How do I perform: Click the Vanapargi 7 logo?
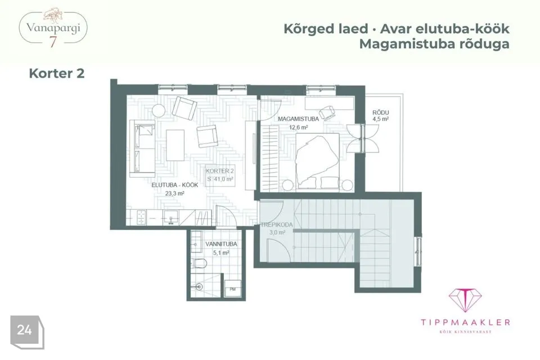(x=53, y=28)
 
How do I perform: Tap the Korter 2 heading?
(x=57, y=73)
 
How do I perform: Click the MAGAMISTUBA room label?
(x=298, y=119)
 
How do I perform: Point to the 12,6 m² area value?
(x=298, y=128)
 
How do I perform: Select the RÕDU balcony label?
(x=381, y=112)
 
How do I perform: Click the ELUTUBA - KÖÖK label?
(x=175, y=185)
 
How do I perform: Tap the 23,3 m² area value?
(x=174, y=193)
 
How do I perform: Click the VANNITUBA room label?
(x=221, y=244)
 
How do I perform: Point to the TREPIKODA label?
(x=277, y=224)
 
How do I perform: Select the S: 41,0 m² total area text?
(x=220, y=179)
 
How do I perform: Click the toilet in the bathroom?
(x=199, y=264)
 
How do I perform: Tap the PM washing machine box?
(x=233, y=289)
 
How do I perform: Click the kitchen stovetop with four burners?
(x=141, y=217)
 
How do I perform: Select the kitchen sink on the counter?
(x=171, y=218)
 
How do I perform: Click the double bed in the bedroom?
(x=317, y=161)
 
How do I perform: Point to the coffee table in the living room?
(x=175, y=145)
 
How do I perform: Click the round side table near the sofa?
(x=159, y=111)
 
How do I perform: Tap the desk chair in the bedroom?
(x=327, y=112)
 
